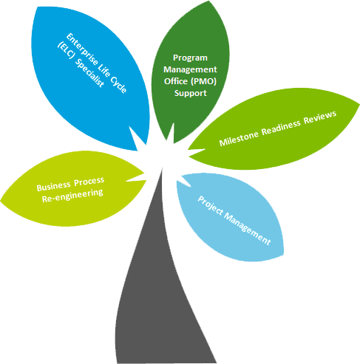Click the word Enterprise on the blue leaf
81,50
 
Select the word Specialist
89,73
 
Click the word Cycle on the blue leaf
118,84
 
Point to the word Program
190,58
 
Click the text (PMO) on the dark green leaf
203,81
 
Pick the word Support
191,94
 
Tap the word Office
176,81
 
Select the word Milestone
239,139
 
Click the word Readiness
281,127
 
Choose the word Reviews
320,117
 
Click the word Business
53,187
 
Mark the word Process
89,182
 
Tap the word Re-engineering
72,196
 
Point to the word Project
211,206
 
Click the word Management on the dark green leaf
190,70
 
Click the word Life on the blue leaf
103,70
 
